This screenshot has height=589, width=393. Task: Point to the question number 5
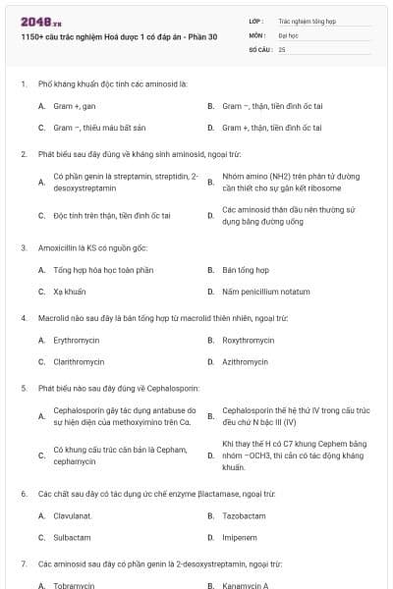24,388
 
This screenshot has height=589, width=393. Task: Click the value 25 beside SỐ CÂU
283,48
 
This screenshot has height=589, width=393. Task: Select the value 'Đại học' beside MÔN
288,34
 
